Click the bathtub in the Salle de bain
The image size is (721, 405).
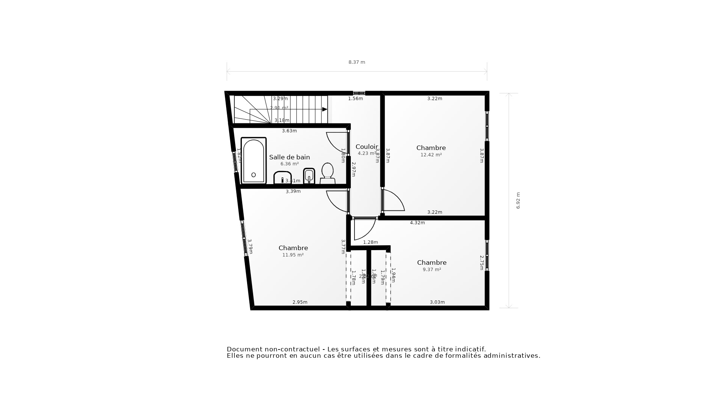253,161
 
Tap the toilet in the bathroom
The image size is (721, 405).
327,174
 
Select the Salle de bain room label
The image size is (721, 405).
290,157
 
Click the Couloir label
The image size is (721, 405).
367,147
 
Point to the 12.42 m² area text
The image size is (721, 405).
431,155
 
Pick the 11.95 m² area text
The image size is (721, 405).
293,255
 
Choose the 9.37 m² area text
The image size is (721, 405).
432,270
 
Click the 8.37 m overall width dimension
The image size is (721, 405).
357,62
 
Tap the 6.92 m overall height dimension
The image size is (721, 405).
518,201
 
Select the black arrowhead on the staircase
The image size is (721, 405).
325,109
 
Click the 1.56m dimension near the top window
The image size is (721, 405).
355,99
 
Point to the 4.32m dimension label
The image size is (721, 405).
417,223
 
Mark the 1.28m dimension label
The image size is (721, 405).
370,242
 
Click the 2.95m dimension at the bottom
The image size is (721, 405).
300,302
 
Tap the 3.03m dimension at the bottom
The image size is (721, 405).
437,302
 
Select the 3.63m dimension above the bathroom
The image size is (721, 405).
290,131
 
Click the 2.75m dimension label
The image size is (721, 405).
481,262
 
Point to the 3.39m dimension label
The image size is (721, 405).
293,191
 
